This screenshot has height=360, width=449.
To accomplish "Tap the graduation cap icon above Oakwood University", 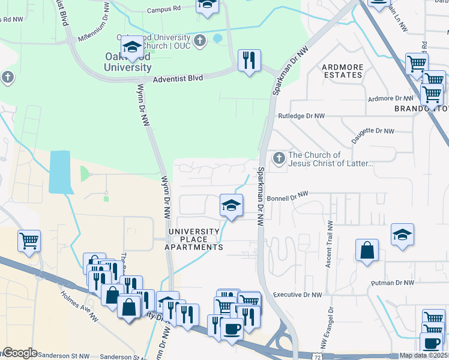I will coord(132,47).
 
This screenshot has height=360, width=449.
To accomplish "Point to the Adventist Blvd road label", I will coord(178,78).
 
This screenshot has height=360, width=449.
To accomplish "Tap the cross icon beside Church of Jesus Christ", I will coord(279,158).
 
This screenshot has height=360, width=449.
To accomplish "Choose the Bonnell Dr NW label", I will coord(287,196).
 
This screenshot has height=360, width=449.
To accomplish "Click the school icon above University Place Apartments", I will coord(231,206).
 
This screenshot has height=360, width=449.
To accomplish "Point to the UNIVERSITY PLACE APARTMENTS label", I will coord(194,239).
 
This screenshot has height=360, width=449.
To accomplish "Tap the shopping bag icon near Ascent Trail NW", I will coord(367,250).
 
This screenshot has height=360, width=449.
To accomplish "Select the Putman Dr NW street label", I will coord(393,283).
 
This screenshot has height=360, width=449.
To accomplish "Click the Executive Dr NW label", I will coord(297,295).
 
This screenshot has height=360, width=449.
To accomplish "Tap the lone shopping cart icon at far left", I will coord(29,241).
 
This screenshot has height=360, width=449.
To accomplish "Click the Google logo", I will coord(19,353).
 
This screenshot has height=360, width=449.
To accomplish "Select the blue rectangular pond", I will coord(59,172).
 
